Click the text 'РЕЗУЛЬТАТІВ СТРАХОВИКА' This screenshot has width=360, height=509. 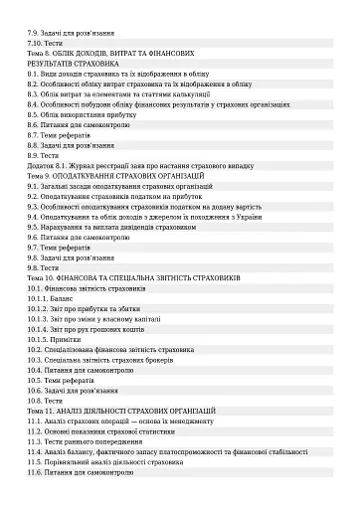click(x=73, y=63)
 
